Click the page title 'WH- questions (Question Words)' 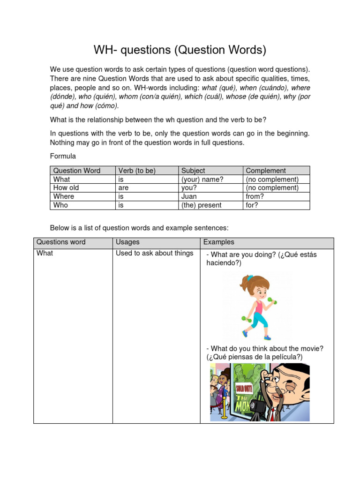coord(180,50)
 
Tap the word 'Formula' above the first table coord(63,156)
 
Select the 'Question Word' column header coord(77,171)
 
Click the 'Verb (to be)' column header coord(137,171)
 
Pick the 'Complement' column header coord(266,171)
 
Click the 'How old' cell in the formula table coord(66,187)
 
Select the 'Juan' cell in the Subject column coord(189,196)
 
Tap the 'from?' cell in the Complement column coord(255,196)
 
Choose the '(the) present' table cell coord(202,205)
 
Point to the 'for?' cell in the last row coord(252,205)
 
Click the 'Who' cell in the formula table coord(60,205)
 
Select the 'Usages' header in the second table coord(127,242)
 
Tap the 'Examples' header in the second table coord(219,242)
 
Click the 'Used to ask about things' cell coord(155,253)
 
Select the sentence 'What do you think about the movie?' coord(265,348)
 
